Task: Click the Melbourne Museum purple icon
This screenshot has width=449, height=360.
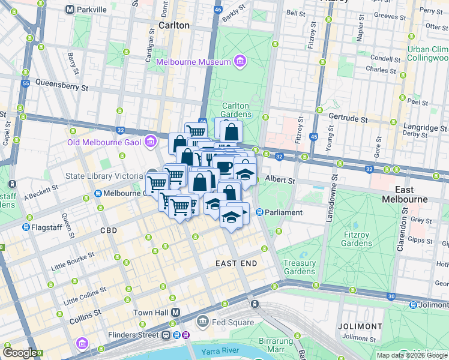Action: click(240, 62)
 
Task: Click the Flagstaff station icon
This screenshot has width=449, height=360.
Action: click(26, 227)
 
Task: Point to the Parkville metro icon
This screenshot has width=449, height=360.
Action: click(70, 10)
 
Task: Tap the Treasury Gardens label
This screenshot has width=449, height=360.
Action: click(300, 267)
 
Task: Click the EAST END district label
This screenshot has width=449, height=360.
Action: click(236, 263)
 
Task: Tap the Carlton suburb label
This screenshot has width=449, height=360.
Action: click(174, 25)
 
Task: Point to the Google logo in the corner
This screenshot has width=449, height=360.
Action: click(20, 353)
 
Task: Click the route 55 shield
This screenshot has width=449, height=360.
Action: click(25, 83)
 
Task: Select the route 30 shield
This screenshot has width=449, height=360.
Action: click(391, 296)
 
